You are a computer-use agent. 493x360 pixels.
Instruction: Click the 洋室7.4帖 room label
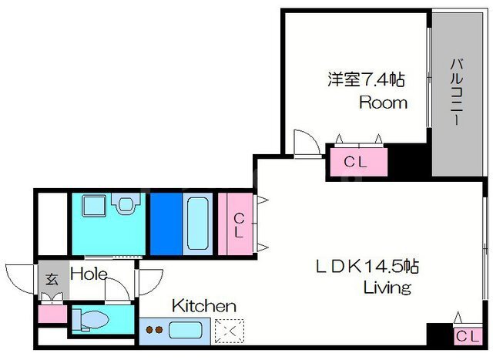[367, 79]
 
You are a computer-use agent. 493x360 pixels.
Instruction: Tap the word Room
[384, 103]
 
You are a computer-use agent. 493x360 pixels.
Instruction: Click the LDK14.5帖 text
[367, 267]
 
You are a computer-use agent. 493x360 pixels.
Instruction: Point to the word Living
[387, 288]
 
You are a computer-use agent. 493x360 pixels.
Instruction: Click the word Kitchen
[204, 306]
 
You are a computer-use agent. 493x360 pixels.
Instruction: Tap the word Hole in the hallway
[89, 274]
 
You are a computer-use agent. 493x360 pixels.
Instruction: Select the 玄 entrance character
[52, 279]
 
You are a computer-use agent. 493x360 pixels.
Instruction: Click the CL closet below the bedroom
[359, 162]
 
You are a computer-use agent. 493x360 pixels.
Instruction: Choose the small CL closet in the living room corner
[468, 336]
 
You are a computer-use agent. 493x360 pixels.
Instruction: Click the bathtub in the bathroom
[197, 224]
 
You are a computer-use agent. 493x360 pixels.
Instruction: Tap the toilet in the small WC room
[91, 320]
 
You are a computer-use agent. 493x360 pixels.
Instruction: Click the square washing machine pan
[94, 206]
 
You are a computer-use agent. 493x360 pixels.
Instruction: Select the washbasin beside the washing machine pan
[126, 204]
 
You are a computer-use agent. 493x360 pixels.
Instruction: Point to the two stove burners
[154, 330]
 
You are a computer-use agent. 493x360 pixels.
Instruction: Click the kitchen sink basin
[185, 330]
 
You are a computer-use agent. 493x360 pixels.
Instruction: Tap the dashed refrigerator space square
[230, 331]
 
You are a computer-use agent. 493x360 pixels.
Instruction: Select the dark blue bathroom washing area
[166, 224]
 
